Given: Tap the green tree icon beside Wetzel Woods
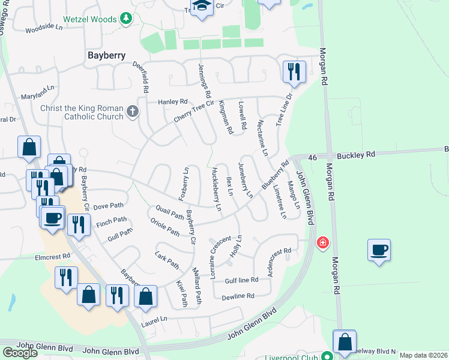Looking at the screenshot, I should tap(126, 19).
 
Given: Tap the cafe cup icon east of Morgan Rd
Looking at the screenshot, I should tap(379, 250).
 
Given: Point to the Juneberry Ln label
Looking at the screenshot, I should tap(246, 180).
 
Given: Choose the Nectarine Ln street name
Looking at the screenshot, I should tap(262, 137).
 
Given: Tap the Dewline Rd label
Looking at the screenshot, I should tap(238, 296).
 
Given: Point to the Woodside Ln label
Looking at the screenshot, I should tap(44, 28).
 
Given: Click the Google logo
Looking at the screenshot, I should tap(20, 353).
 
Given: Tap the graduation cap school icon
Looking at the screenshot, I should tap(204, 8).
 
